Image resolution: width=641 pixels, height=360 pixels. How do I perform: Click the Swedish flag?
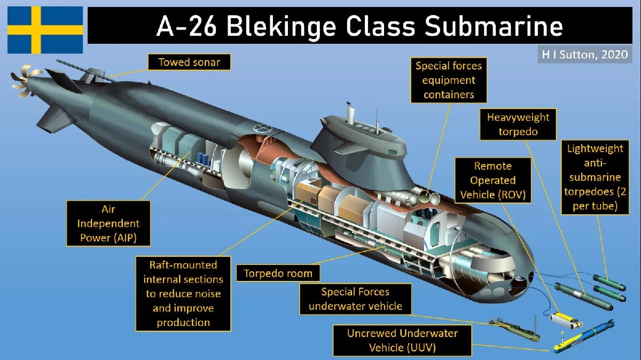pyautogui.click(x=45, y=30)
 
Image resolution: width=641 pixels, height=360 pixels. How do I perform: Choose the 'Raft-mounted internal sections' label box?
pyautogui.click(x=183, y=293)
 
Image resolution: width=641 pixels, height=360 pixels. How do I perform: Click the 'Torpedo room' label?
pyautogui.click(x=278, y=273)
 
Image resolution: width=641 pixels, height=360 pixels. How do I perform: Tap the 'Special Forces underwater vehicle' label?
pyautogui.click(x=355, y=299)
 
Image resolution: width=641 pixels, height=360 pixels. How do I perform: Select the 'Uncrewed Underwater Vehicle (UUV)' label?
pyautogui.click(x=402, y=340)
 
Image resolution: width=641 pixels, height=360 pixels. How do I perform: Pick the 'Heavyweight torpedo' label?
pyautogui.click(x=518, y=124)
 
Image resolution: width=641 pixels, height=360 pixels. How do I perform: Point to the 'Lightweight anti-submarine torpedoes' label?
pyautogui.click(x=595, y=177)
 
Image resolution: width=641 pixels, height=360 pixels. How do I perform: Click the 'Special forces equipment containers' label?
pyautogui.click(x=449, y=80)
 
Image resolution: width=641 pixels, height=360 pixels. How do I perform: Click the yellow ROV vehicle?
pyautogui.click(x=565, y=320)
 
